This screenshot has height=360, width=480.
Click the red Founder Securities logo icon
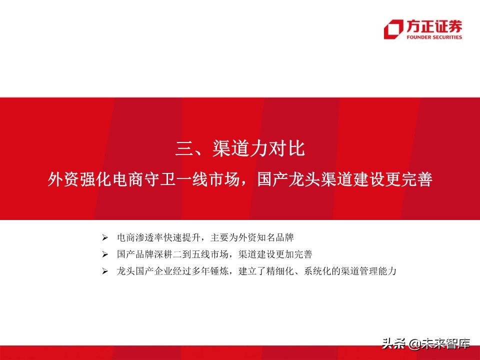pos(393,29)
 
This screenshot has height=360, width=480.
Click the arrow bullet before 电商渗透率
pos(104,236)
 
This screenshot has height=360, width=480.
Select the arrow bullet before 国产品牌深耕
pos(104,254)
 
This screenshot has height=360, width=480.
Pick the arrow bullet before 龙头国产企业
pos(104,271)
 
